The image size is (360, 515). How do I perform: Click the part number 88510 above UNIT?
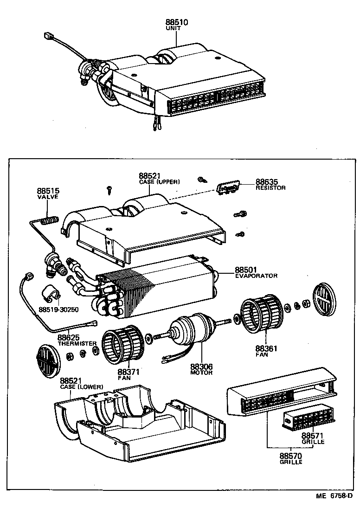[x=177, y=22]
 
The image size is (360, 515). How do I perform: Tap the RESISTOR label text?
[x=270, y=188]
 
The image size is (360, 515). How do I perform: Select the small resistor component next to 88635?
[x=228, y=189]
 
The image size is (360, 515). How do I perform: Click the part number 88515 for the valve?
[x=48, y=191]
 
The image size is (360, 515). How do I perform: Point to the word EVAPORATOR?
[x=256, y=276]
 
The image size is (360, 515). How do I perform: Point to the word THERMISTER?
[x=77, y=344]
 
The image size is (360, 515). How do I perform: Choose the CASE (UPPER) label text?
[x=159, y=181]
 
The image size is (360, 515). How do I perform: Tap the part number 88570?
[x=290, y=456]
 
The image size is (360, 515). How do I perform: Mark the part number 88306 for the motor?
[x=201, y=367]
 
